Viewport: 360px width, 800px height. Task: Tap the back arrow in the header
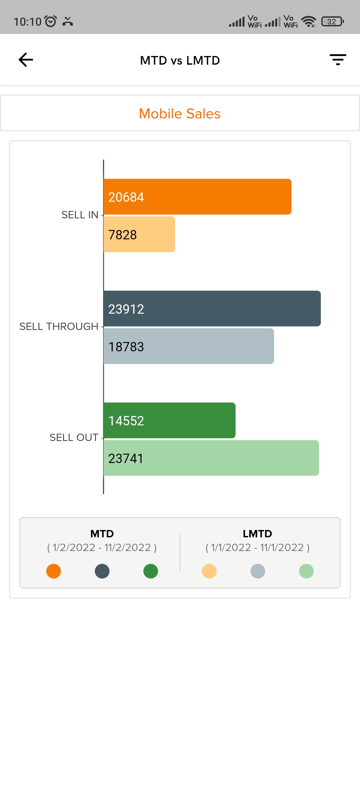click(26, 60)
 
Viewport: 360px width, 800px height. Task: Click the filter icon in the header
click(338, 60)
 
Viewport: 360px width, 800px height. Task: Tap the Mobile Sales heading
click(180, 114)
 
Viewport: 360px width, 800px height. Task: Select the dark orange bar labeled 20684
click(197, 197)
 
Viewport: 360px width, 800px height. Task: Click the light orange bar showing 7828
click(139, 234)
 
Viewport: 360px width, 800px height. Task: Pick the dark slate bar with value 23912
click(212, 309)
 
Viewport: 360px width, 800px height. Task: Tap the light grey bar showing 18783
click(189, 346)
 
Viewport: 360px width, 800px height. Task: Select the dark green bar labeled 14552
click(169, 420)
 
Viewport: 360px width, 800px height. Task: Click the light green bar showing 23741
click(211, 458)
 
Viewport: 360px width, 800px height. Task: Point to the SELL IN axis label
click(80, 215)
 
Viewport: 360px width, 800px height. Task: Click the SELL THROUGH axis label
click(59, 327)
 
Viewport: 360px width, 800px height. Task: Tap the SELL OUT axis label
click(74, 438)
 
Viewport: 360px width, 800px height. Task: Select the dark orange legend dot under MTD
click(54, 571)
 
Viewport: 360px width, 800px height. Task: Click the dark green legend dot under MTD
click(151, 571)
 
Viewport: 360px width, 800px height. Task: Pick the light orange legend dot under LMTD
click(209, 571)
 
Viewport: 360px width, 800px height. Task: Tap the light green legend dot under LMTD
click(306, 571)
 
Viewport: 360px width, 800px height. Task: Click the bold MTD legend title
click(102, 534)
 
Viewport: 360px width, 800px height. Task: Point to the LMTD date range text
click(257, 548)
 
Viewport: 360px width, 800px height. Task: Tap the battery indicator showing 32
click(332, 22)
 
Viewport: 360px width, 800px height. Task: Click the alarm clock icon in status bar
click(51, 21)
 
